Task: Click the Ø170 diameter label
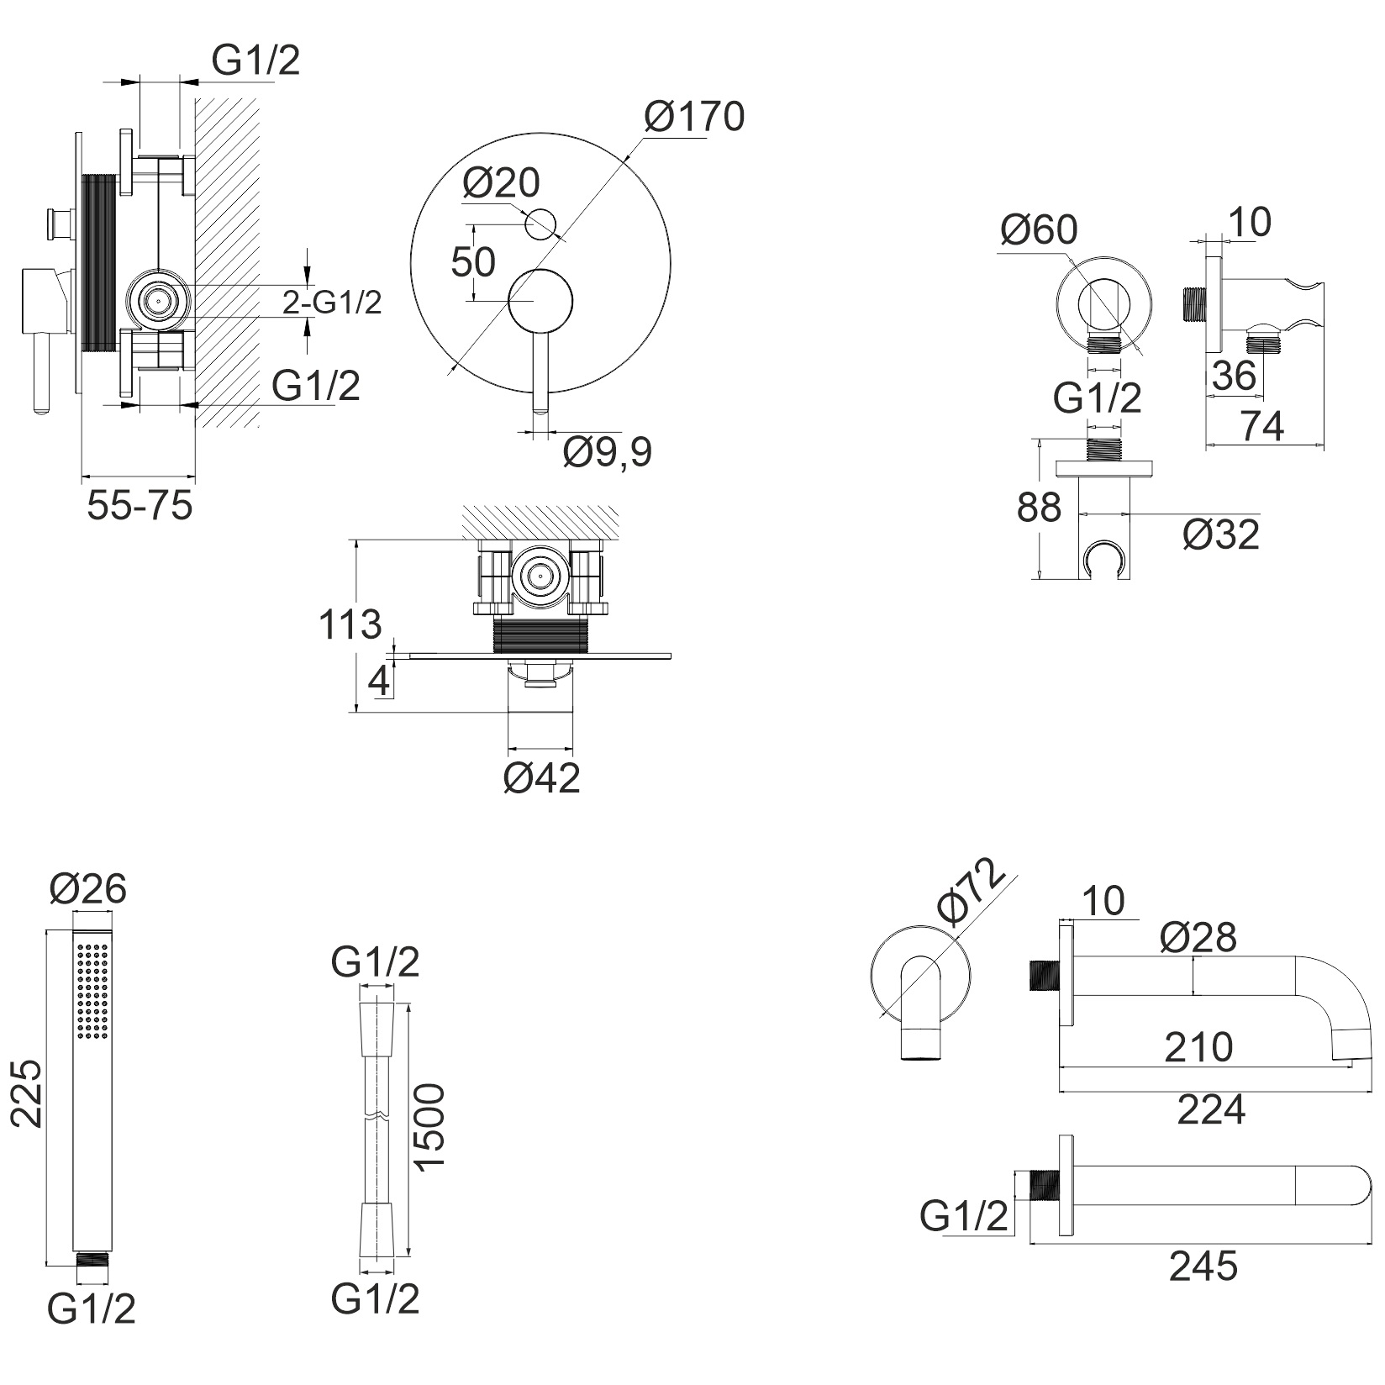694,117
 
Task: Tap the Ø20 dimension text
501,182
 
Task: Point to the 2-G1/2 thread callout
332,303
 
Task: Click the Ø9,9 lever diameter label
607,454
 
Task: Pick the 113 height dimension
350,624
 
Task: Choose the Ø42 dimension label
541,779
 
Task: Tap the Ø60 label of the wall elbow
1039,229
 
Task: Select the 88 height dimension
1039,508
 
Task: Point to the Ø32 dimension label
1220,535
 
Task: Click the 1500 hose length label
429,1127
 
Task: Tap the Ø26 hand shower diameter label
88,888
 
